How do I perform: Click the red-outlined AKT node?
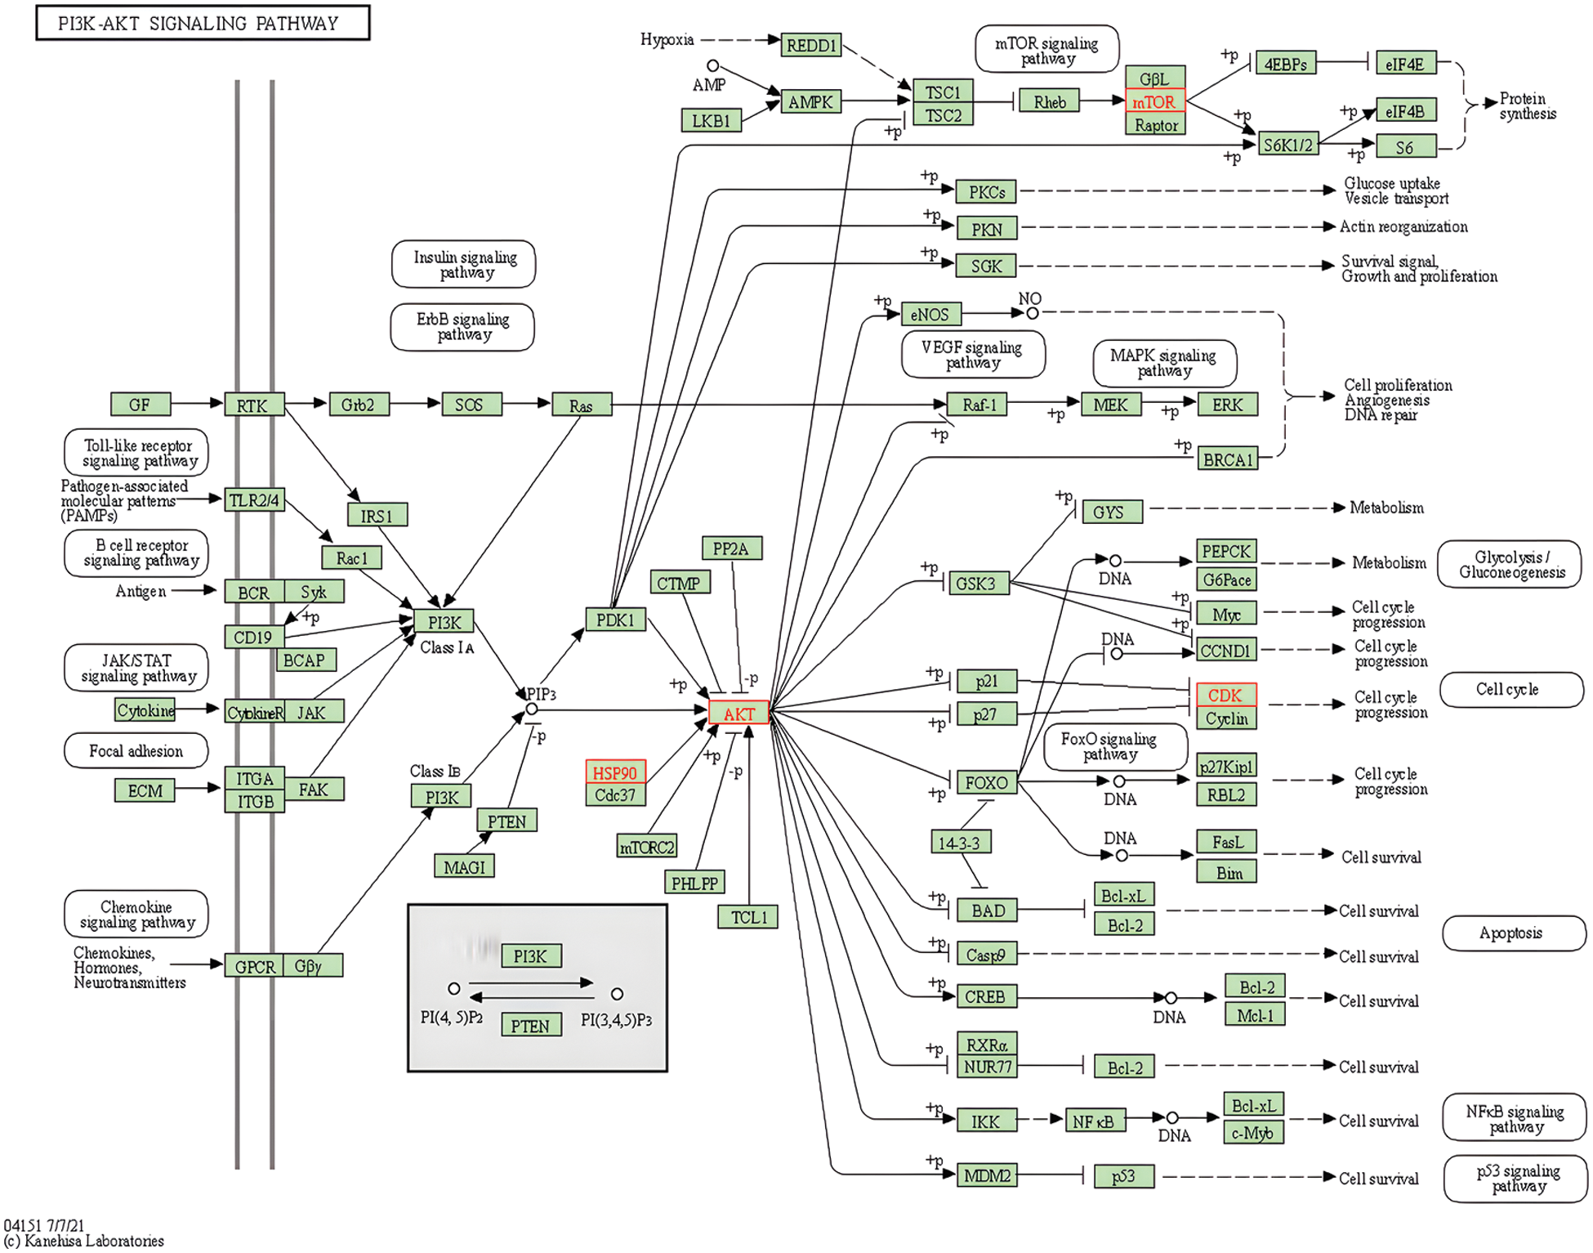point(738,713)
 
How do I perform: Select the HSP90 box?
point(614,772)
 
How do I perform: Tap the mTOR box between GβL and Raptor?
point(1154,102)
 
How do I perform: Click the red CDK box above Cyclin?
point(1225,695)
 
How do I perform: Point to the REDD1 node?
point(810,45)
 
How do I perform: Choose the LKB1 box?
point(711,121)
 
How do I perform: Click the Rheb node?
point(1049,102)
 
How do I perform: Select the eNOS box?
point(930,314)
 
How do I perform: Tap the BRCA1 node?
point(1227,459)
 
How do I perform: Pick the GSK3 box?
point(976,584)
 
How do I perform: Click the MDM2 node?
point(987,1175)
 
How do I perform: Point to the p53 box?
point(1123,1175)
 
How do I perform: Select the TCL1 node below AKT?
point(748,917)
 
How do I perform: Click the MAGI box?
point(464,866)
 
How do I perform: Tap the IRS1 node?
point(377,516)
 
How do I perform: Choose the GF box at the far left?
point(140,405)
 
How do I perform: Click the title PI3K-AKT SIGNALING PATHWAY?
point(199,24)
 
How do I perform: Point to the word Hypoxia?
point(667,39)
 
